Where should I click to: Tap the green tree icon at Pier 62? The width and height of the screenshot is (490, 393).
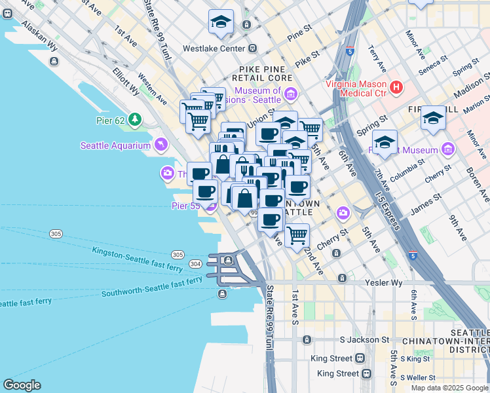coord(135,119)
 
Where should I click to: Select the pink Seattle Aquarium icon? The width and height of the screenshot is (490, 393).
coord(159,145)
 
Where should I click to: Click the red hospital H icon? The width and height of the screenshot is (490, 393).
coord(396,86)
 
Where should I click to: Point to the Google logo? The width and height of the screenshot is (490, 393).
coord(22,385)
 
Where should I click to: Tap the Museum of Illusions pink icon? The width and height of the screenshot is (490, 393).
coord(291,97)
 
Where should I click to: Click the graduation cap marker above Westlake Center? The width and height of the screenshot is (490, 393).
coord(221,22)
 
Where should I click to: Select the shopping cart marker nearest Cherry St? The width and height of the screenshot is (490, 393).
coord(297,235)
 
